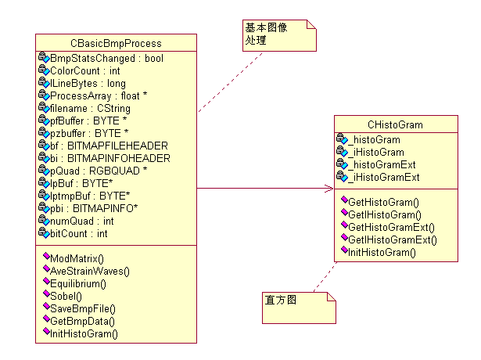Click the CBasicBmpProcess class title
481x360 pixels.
[x=116, y=43]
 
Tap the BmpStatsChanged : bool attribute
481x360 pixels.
[x=106, y=59]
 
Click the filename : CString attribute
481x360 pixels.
[x=90, y=109]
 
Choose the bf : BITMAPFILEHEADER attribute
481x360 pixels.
[x=109, y=146]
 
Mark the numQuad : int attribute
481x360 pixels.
[x=82, y=221]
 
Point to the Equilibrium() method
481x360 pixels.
[x=84, y=283]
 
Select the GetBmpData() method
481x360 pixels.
[x=82, y=321]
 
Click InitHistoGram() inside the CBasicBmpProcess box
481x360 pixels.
[x=84, y=333]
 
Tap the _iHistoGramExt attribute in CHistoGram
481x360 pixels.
[x=384, y=177]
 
